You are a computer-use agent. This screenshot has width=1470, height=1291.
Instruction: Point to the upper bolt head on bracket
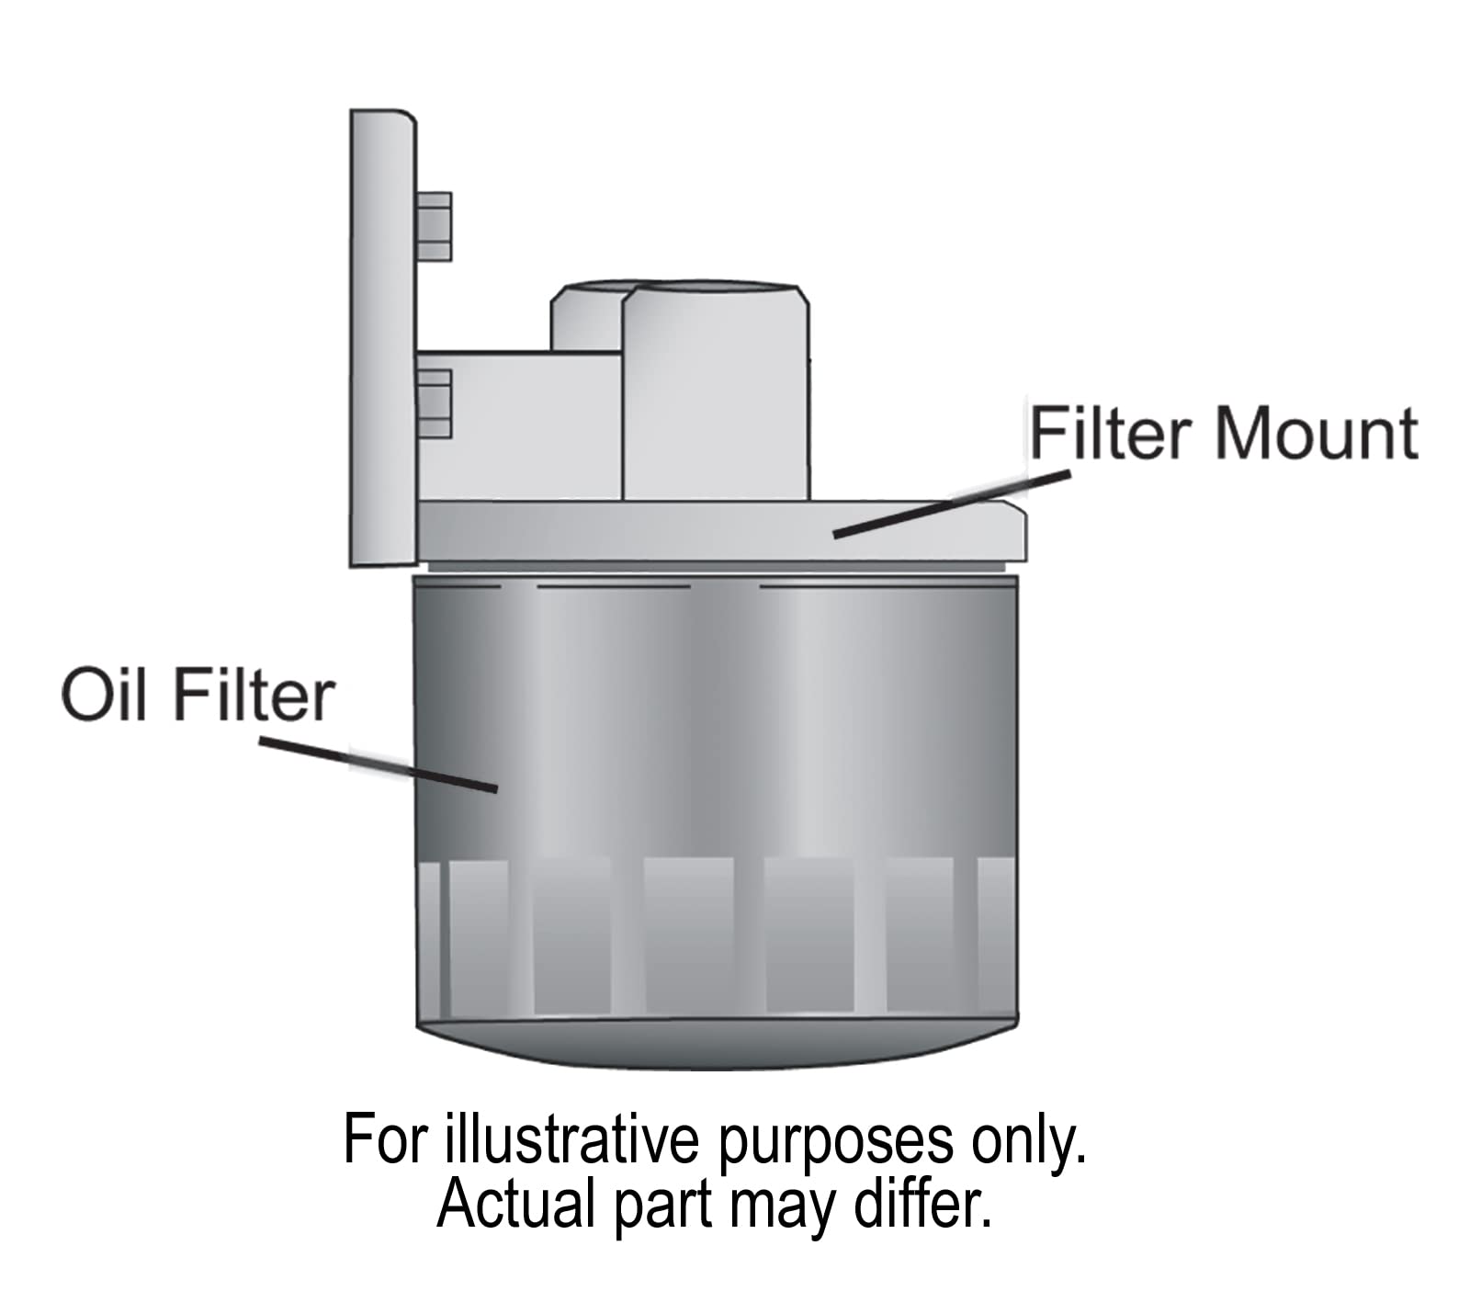pyautogui.click(x=434, y=226)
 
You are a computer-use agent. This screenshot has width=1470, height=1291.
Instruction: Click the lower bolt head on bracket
pyautogui.click(x=434, y=404)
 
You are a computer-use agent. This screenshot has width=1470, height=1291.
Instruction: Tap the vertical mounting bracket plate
pyautogui.click(x=382, y=340)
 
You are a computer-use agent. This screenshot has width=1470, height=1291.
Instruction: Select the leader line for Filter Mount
pyautogui.click(x=952, y=504)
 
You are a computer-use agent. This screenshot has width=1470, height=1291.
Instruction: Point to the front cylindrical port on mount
pyautogui.click(x=717, y=395)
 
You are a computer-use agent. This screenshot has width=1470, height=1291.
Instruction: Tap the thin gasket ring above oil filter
pyautogui.click(x=717, y=567)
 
